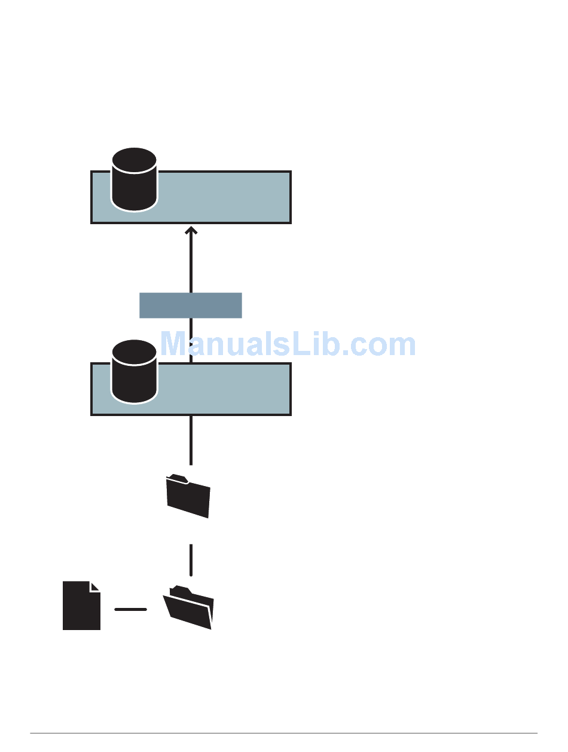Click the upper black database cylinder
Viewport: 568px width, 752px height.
(x=135, y=179)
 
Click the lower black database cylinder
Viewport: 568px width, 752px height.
(x=135, y=371)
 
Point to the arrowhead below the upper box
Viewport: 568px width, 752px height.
(x=191, y=230)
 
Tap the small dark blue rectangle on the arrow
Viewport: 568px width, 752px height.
(x=190, y=305)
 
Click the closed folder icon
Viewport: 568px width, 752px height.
(x=189, y=497)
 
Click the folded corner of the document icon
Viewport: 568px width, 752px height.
(x=94, y=586)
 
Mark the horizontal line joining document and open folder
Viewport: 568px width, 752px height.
(x=130, y=610)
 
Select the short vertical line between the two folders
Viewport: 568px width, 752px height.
(x=191, y=560)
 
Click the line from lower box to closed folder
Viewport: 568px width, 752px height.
(x=191, y=439)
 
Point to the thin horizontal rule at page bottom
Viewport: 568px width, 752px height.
(x=284, y=733)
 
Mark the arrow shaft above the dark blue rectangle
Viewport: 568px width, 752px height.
(x=191, y=263)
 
